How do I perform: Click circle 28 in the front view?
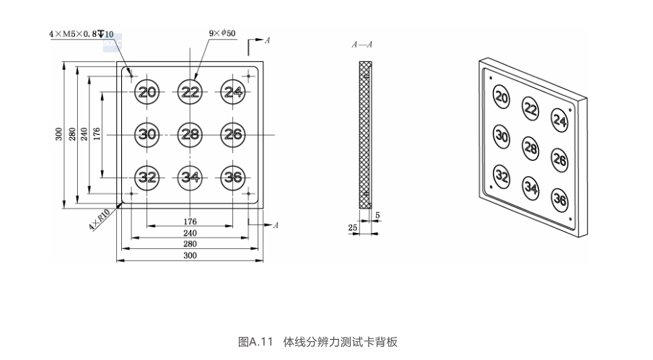pyautogui.click(x=190, y=134)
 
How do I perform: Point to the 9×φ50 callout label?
pyautogui.click(x=222, y=33)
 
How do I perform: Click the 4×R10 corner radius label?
pyautogui.click(x=98, y=220)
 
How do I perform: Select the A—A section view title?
pyautogui.click(x=362, y=45)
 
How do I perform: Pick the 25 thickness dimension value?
pyautogui.click(x=352, y=227)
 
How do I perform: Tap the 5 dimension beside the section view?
pyautogui.click(x=378, y=216)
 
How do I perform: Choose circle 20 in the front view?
pyautogui.click(x=147, y=92)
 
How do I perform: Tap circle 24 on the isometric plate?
pyautogui.click(x=560, y=119)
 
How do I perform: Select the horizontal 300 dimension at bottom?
pyautogui.click(x=190, y=256)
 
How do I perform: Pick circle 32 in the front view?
pyautogui.click(x=147, y=177)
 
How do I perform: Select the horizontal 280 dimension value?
pyautogui.click(x=190, y=245)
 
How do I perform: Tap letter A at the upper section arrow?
pyautogui.click(x=267, y=41)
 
